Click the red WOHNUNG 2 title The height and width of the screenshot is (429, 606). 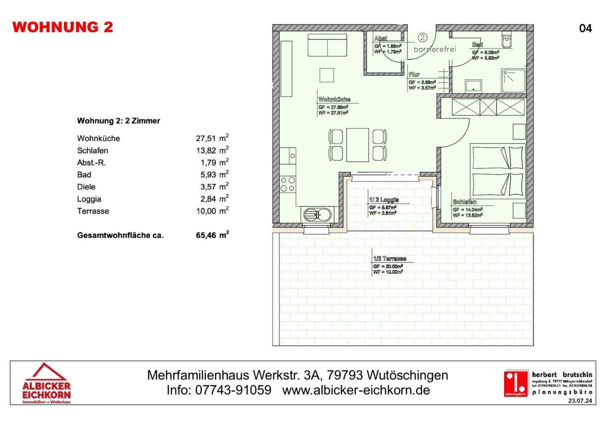[63, 27]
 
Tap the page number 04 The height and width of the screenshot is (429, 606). [585, 28]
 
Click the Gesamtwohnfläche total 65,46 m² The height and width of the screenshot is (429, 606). [212, 235]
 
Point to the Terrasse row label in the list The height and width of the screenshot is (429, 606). [93, 211]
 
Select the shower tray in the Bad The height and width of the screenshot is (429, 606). [513, 81]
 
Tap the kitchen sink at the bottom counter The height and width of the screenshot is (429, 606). [318, 215]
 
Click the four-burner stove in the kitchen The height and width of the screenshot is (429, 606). [288, 184]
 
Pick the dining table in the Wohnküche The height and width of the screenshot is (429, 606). [357, 145]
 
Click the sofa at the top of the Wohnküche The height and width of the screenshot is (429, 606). [327, 45]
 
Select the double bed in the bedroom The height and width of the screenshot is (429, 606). [498, 170]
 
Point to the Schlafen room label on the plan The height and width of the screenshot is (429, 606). [465, 202]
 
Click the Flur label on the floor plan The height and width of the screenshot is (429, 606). [414, 74]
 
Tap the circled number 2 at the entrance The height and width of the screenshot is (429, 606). [422, 38]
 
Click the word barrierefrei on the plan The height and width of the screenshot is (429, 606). [435, 49]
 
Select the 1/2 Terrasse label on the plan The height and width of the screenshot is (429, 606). [390, 259]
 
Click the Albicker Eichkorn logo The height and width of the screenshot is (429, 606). [46, 383]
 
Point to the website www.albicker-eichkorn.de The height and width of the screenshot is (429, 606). [356, 390]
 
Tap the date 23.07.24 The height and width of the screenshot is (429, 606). [580, 400]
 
